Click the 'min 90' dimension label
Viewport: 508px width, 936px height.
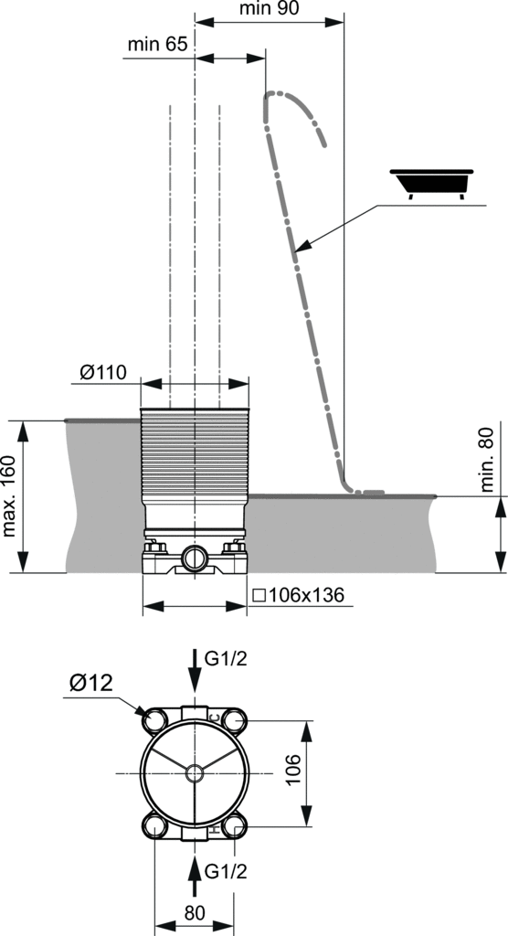pyautogui.click(x=269, y=8)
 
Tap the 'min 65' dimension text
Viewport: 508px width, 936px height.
pyautogui.click(x=157, y=44)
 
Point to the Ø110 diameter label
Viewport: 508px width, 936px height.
pyautogui.click(x=102, y=373)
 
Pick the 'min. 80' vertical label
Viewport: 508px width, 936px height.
pyautogui.click(x=487, y=460)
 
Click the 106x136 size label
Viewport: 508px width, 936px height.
pyautogui.click(x=299, y=595)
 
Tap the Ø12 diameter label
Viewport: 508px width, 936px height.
pyautogui.click(x=90, y=682)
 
